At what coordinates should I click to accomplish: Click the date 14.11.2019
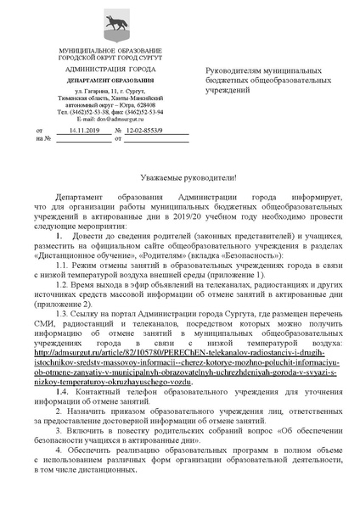click(x=85, y=131)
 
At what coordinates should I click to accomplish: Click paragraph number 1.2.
click(x=63, y=285)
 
